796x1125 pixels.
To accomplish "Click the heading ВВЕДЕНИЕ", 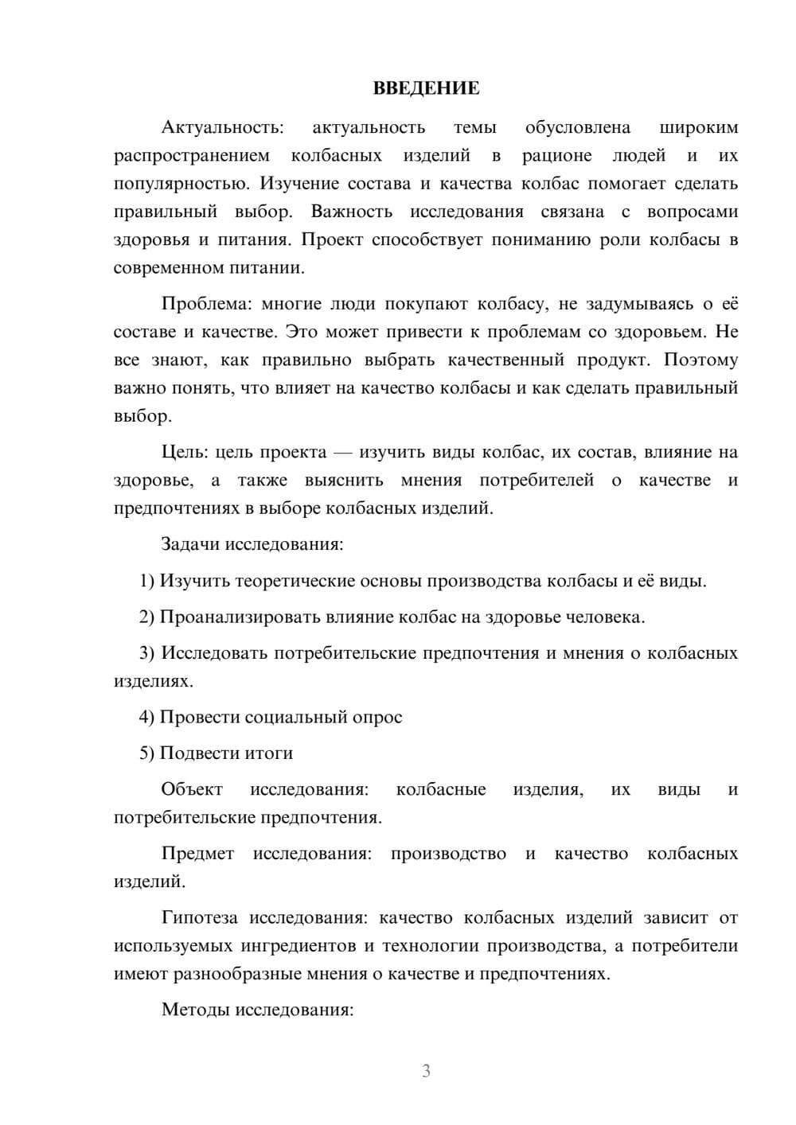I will [x=426, y=88].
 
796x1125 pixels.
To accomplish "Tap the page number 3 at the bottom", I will [x=426, y=1071].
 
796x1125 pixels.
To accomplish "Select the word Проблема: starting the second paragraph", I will [x=201, y=303].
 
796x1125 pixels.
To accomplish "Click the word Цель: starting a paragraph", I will [x=185, y=452].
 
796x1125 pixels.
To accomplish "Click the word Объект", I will [x=192, y=789].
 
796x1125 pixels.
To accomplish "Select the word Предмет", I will [x=197, y=854].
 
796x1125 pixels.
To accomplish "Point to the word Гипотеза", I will [x=199, y=917].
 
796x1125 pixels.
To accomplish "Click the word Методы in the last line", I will [x=195, y=1010].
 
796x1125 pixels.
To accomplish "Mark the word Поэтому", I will [x=700, y=360].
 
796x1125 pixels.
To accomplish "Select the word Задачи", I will [x=190, y=545].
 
